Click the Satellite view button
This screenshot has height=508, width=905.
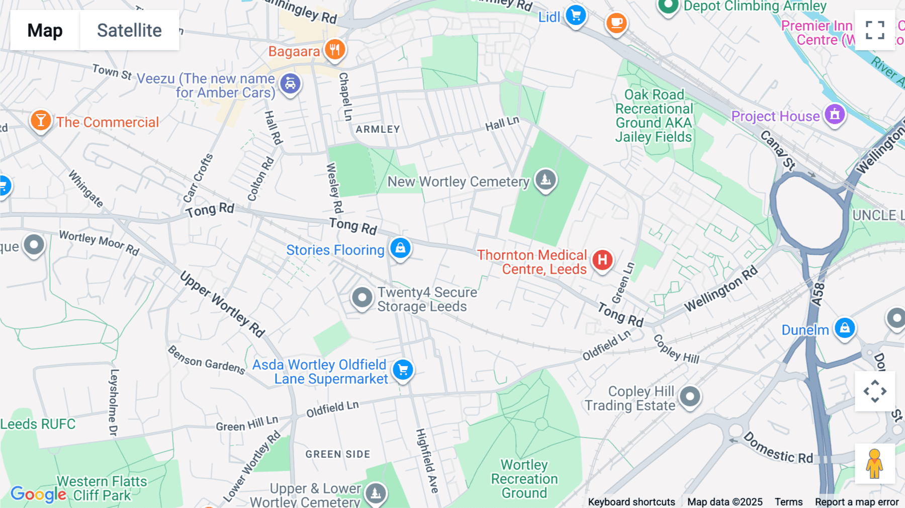point(129,30)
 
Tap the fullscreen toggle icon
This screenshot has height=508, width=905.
point(875,30)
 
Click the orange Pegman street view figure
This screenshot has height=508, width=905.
point(875,464)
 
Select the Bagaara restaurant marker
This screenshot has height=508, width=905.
point(335,49)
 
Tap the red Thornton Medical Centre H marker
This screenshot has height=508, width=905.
point(602,260)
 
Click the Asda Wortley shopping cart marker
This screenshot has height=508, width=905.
point(403,370)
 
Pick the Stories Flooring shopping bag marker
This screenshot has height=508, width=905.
point(400,248)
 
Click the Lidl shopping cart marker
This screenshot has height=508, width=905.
point(576,15)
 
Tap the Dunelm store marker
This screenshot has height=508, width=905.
point(845,328)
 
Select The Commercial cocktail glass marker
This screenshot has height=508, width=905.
point(41,121)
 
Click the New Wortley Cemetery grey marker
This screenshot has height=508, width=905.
point(546,179)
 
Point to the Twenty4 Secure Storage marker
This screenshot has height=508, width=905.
point(362,298)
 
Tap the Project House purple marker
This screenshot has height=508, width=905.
point(835,114)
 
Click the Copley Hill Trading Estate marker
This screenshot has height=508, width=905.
point(690,397)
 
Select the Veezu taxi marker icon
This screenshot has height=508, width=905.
point(291,83)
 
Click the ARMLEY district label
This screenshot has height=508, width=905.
point(378,129)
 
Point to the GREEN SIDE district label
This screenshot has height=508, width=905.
point(338,454)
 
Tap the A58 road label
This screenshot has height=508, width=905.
point(819,294)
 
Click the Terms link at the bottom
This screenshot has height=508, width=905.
point(788,502)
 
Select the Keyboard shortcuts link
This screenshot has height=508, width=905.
point(631,502)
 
